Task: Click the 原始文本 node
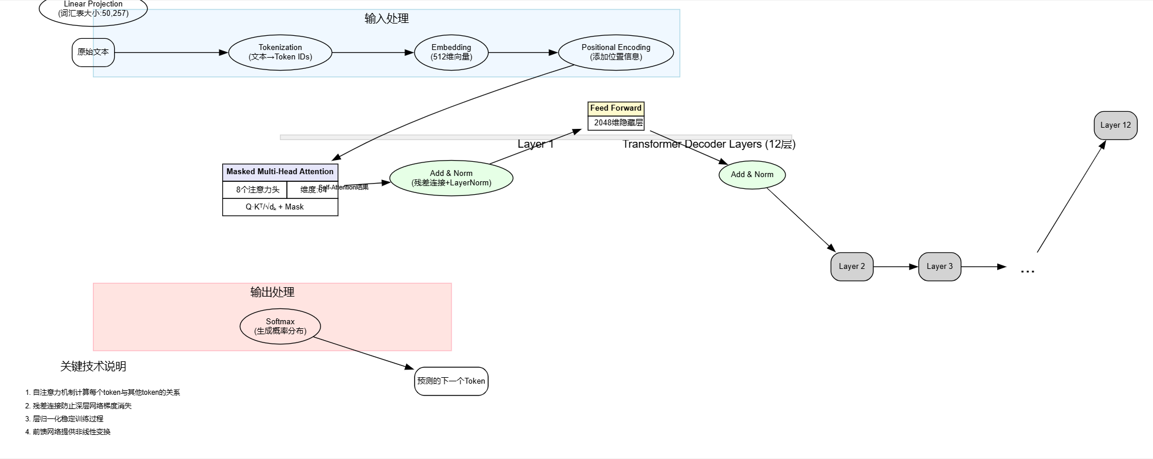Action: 93,52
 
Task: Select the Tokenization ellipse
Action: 280,52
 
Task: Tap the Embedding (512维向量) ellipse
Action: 451,52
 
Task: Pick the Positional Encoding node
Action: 616,52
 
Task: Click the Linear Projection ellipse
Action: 93,9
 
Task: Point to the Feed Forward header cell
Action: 616,108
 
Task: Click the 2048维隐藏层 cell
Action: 616,123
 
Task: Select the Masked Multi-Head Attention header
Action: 280,172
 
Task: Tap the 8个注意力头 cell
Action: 255,189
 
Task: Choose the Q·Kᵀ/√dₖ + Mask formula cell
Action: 280,207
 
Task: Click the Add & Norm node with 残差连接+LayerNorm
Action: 451,178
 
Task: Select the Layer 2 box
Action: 851,267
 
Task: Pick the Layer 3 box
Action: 939,267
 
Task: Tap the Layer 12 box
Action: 1115,125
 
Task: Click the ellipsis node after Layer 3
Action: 1027,269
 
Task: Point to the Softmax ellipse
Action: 280,326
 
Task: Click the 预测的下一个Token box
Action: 451,381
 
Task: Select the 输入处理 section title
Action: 386,19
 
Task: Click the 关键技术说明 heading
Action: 93,367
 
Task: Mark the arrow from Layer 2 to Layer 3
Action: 895,267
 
